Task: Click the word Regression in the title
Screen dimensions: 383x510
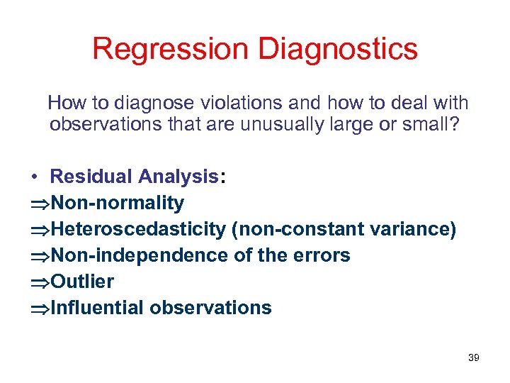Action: (x=171, y=50)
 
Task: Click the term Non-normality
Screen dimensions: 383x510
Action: (x=118, y=203)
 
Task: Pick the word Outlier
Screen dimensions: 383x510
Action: (x=83, y=282)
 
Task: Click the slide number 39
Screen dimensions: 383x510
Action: (x=474, y=357)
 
